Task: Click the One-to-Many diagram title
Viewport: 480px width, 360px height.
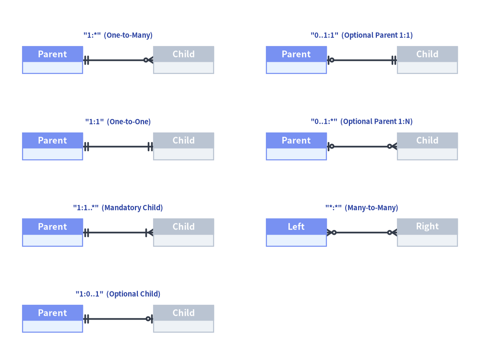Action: [x=118, y=35]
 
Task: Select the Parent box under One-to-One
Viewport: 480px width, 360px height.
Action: [x=52, y=146]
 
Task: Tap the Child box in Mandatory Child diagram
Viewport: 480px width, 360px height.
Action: [x=183, y=232]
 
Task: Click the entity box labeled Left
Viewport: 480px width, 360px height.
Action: [x=296, y=232]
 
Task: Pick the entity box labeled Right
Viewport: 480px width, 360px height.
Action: [x=427, y=232]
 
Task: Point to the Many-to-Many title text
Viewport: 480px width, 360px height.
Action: [x=361, y=208]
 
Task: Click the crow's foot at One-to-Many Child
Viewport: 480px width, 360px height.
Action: [x=148, y=60]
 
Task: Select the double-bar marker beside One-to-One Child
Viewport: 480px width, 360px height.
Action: [x=150, y=146]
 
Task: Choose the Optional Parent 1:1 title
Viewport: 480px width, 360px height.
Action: [x=361, y=35]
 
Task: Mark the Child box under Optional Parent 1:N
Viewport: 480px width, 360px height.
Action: [x=427, y=146]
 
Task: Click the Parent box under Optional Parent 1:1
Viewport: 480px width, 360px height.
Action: [x=296, y=60]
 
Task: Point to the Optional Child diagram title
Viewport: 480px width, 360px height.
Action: [x=118, y=294]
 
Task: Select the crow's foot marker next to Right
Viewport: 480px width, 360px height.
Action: [x=392, y=233]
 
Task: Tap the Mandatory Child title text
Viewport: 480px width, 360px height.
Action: [x=118, y=208]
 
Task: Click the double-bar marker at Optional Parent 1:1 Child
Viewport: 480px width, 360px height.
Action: [x=394, y=60]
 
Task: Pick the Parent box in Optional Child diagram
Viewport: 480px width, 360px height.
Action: [x=52, y=319]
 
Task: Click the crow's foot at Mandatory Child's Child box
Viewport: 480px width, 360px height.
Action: [x=149, y=233]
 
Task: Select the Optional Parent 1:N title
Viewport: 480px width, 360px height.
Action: [x=361, y=121]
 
